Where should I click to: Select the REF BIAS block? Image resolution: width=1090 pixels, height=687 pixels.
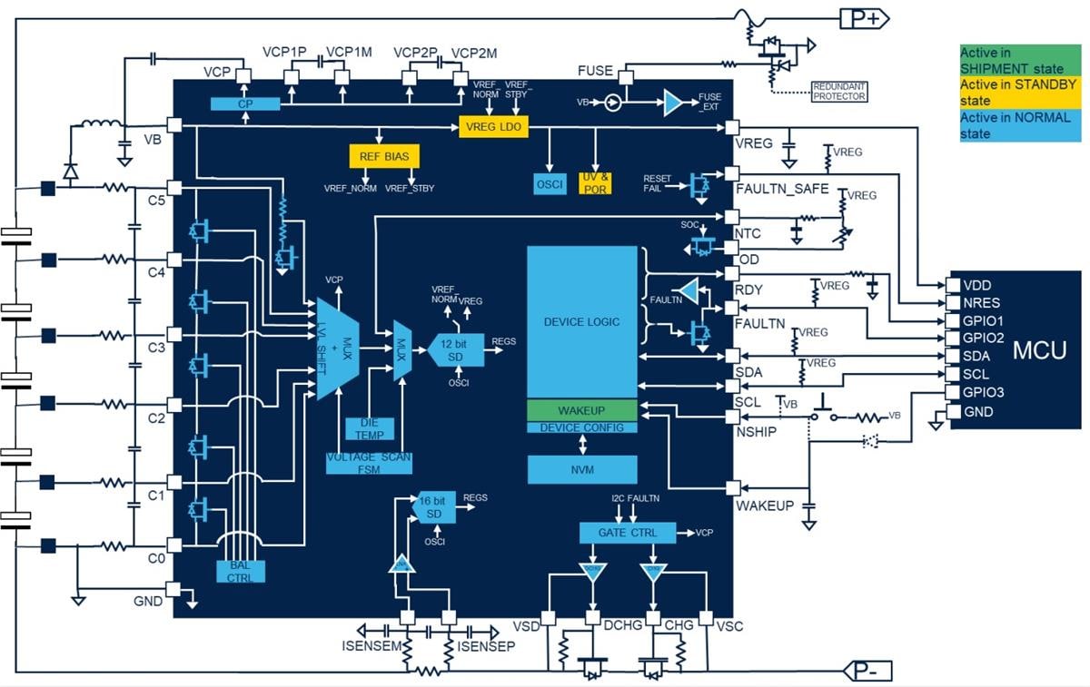pyautogui.click(x=383, y=156)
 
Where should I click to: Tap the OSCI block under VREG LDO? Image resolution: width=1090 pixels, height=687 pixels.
pyautogui.click(x=550, y=183)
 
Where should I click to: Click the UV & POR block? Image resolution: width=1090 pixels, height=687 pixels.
pyautogui.click(x=596, y=182)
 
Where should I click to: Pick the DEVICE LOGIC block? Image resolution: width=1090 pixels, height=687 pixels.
pyautogui.click(x=581, y=321)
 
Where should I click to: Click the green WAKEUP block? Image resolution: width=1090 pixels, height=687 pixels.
pyautogui.click(x=581, y=410)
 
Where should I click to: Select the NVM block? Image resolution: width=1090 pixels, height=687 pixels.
pyautogui.click(x=581, y=469)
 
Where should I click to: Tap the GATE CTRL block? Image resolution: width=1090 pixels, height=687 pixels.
pyautogui.click(x=627, y=532)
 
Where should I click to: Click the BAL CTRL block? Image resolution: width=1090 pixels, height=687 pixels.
pyautogui.click(x=241, y=571)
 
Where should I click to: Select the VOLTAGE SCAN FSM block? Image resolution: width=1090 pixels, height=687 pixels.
pyautogui.click(x=369, y=463)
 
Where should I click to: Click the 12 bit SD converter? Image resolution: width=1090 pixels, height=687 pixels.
pyautogui.click(x=455, y=349)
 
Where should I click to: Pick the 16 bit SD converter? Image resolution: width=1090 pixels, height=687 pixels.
pyautogui.click(x=435, y=508)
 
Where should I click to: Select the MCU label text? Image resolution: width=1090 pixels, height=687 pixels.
pyautogui.click(x=1039, y=349)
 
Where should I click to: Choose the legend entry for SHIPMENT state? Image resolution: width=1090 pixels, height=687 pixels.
pyautogui.click(x=1020, y=60)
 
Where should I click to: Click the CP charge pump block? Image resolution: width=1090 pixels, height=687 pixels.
pyautogui.click(x=244, y=104)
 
